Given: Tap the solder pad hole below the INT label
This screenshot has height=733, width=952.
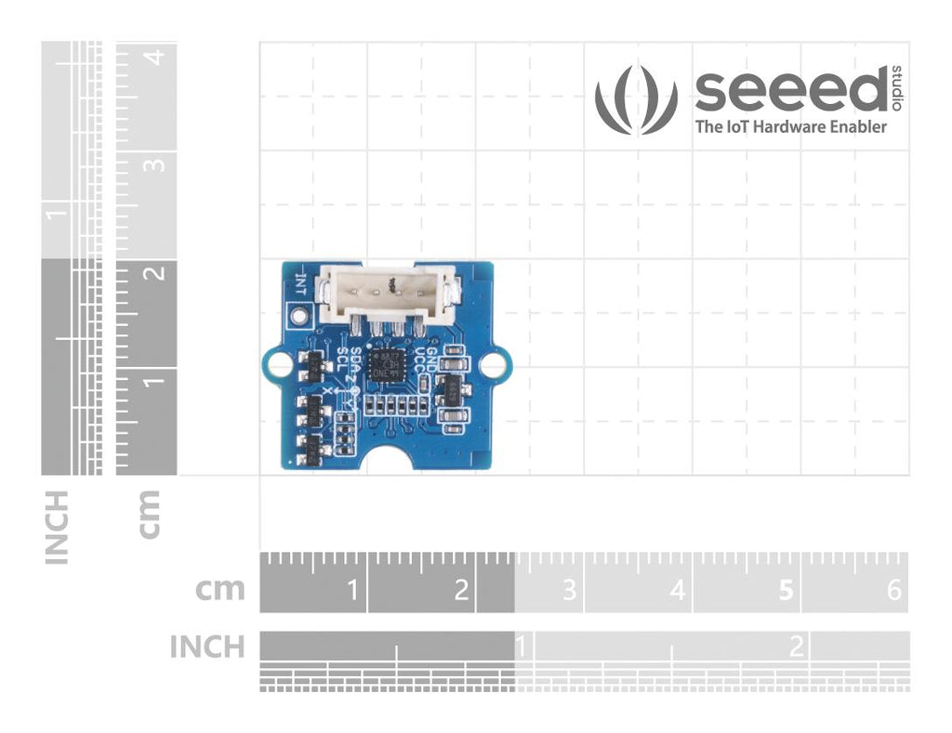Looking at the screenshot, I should tap(299, 317).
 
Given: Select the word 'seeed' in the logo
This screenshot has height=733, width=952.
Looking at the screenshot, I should tap(790, 90).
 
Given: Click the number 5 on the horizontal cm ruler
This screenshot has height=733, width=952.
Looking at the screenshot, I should tap(787, 590).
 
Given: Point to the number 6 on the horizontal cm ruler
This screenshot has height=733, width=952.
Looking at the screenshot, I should tap(894, 590).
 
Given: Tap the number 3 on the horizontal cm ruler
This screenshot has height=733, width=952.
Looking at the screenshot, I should tap(569, 590).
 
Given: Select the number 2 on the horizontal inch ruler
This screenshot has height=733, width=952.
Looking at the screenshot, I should tap(797, 647).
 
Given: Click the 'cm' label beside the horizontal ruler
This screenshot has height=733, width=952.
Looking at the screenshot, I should tap(220, 589).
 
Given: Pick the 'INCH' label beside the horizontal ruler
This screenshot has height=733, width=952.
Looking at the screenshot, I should tap(207, 647).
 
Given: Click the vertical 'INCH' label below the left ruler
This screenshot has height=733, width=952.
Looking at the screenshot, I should tap(57, 528).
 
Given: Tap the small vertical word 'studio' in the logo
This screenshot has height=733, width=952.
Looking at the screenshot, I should tap(896, 86).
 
